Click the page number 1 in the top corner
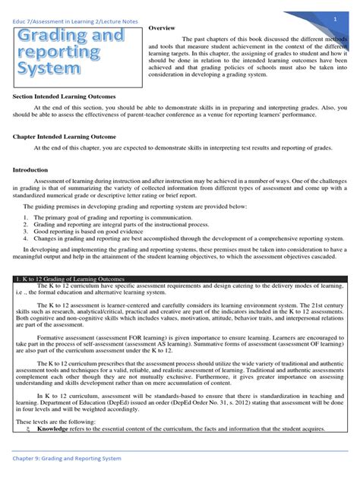pos(334,17)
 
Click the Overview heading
pos(162,27)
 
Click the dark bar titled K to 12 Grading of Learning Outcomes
pos(179,279)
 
